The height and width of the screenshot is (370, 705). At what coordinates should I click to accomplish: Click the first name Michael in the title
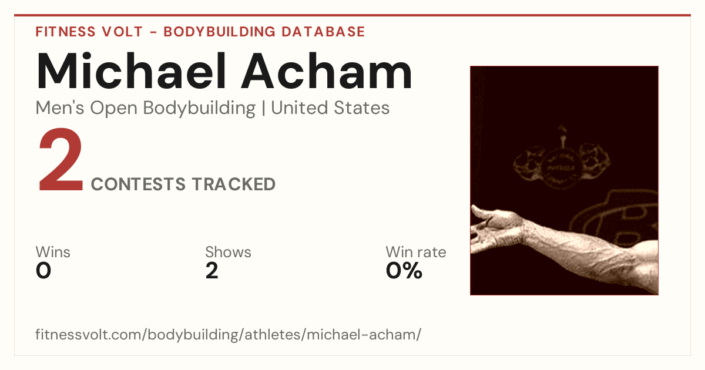131,71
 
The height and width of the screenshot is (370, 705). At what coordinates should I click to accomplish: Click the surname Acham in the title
327,71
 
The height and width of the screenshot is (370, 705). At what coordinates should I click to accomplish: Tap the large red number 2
61,160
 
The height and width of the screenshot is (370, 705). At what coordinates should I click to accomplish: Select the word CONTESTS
138,184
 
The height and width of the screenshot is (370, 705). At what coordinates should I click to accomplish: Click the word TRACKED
234,184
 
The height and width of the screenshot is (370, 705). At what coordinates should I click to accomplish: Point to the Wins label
53,252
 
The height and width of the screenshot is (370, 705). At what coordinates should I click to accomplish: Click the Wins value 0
43,271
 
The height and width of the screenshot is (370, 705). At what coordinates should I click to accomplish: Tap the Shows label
228,252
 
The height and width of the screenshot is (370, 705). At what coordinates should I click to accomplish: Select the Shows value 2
212,271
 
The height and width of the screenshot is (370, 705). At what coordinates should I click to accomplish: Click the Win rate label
416,252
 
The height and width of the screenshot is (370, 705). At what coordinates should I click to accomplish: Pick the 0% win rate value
404,271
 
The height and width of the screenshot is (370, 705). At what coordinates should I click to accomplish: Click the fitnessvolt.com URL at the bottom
228,334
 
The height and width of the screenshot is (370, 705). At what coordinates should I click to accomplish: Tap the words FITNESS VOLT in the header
89,32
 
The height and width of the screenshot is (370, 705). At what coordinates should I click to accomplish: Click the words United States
330,108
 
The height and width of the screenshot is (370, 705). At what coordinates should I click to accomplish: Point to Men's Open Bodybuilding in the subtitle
146,109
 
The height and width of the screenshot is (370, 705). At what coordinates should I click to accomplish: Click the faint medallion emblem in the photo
561,164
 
